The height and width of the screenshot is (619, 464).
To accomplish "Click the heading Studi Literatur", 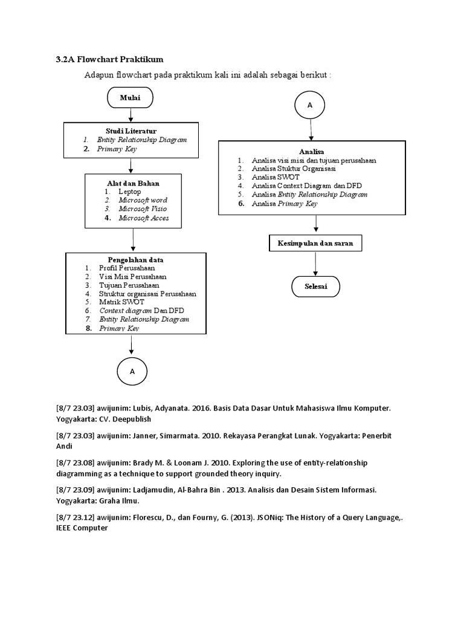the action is [x=131, y=131].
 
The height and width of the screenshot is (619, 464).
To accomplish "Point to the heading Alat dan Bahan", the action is [x=134, y=183].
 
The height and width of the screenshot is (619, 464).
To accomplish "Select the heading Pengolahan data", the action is [x=136, y=260].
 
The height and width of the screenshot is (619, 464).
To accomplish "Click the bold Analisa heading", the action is [x=312, y=152].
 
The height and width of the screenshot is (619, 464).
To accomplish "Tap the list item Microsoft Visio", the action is [x=143, y=209].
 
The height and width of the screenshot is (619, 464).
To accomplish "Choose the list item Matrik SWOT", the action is [x=121, y=302].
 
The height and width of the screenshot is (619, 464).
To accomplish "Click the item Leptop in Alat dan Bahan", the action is [x=130, y=192].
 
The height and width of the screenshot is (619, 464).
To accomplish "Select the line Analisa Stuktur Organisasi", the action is [x=294, y=169].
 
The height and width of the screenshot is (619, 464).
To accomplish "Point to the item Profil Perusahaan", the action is [x=127, y=268].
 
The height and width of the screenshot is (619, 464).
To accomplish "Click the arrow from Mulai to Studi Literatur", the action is [x=130, y=115].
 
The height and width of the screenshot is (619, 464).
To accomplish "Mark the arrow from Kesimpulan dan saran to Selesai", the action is [x=315, y=264].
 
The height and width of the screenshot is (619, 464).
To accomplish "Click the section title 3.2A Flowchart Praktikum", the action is [x=110, y=60].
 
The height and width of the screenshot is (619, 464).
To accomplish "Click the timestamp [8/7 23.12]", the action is [x=76, y=517].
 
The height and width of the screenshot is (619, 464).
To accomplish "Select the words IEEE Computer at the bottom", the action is [x=82, y=528].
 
